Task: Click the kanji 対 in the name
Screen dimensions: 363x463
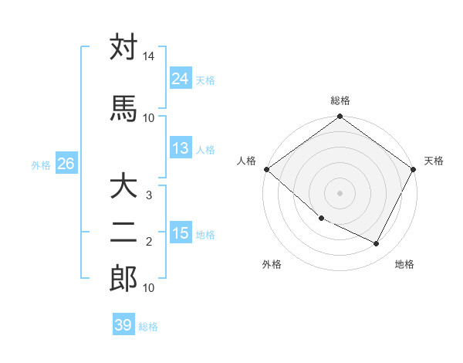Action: pos(123,48)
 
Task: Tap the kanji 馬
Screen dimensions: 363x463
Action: pos(123,108)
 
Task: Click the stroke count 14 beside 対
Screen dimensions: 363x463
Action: pos(149,58)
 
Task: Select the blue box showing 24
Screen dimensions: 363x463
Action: pos(181,79)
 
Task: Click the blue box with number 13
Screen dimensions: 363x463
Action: pos(181,148)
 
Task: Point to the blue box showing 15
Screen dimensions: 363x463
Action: pos(181,233)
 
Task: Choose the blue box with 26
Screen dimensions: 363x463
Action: pos(66,164)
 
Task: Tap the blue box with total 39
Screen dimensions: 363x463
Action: pos(123,325)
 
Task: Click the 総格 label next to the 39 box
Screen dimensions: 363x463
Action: pos(148,327)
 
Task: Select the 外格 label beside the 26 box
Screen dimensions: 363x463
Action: pos(41,165)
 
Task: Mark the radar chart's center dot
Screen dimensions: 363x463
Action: pos(340,192)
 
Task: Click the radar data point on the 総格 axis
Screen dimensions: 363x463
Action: pos(340,117)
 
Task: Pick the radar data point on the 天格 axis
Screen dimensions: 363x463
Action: pos(414,169)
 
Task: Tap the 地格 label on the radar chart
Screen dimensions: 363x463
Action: pos(404,264)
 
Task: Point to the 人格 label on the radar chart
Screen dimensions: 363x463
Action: pos(247,161)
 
